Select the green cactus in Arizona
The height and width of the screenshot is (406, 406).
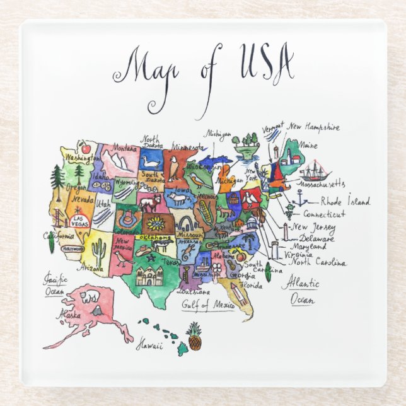pyautogui.click(x=98, y=252)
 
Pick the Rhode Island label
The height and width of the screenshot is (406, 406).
pyautogui.click(x=345, y=202)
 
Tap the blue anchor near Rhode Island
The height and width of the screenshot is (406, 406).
pyautogui.click(x=302, y=199)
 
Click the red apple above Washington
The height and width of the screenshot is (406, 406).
pyautogui.click(x=87, y=149)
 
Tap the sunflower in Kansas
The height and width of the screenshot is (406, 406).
pyautogui.click(x=155, y=223)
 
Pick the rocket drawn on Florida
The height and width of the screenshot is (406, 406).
pyautogui.click(x=241, y=293)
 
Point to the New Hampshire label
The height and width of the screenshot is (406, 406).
pyautogui.click(x=314, y=127)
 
